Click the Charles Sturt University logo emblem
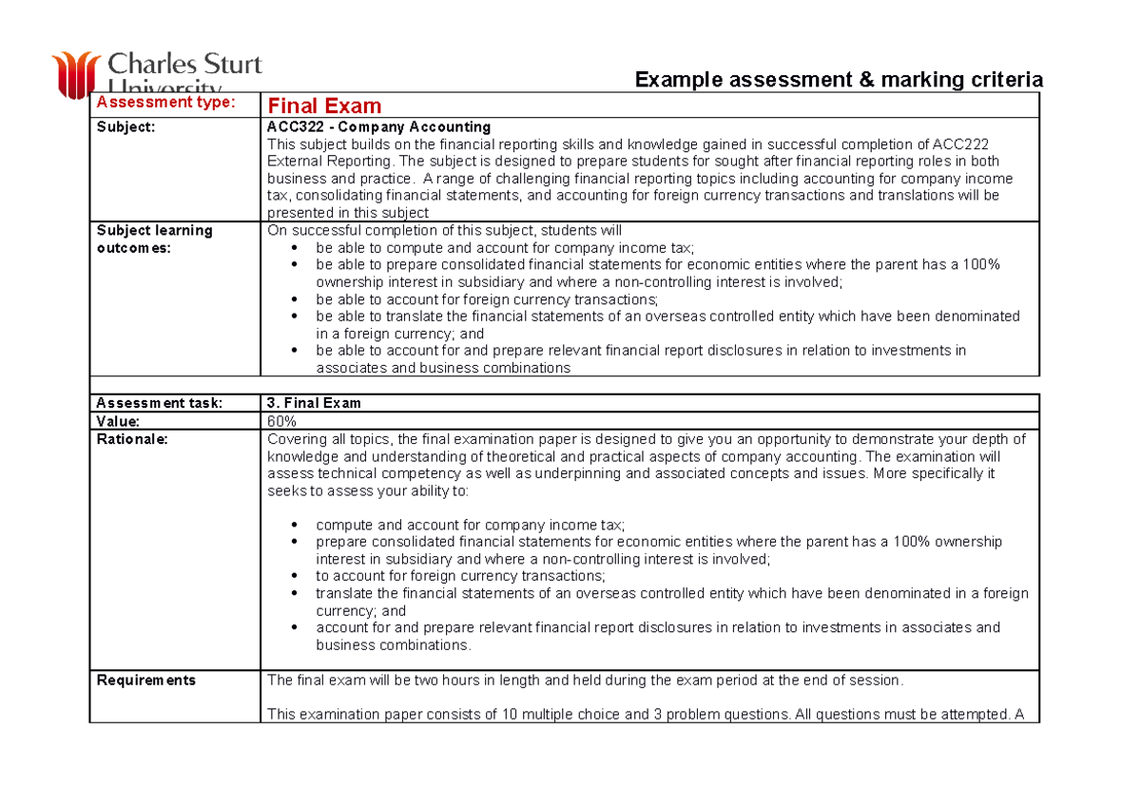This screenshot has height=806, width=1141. coord(75,74)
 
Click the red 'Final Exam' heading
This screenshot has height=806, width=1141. coord(324,106)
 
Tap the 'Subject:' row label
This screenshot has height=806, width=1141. coord(126,126)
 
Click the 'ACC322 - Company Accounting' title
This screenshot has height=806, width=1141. coord(379,126)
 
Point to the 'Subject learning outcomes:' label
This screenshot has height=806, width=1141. coord(154,239)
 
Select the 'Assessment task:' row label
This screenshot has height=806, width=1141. coord(160,403)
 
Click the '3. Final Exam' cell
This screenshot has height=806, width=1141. coord(314,403)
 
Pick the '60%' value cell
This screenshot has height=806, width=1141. coord(281,421)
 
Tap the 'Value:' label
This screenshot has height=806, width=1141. coord(118,421)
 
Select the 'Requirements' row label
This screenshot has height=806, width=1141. coord(146,681)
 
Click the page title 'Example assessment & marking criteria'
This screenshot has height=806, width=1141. coord(839,80)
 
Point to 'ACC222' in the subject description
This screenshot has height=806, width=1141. coord(959,144)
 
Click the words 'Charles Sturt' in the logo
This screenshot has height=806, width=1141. coord(185,65)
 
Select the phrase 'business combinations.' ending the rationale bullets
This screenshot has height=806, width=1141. coord(393,645)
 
